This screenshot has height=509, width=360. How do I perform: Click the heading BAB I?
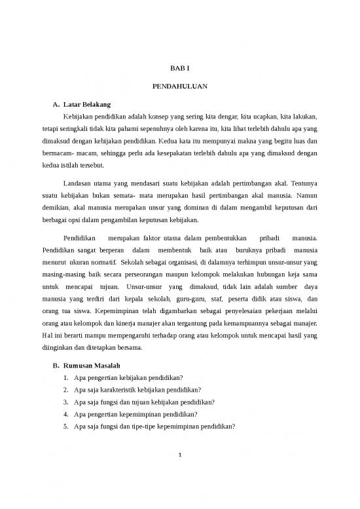[x=179, y=67]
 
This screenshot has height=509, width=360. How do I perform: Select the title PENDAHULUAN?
[x=179, y=86]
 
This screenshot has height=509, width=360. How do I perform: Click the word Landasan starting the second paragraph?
[x=78, y=183]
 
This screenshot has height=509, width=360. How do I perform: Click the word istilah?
[x=75, y=165]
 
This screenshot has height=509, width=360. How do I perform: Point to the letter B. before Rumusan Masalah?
[x=56, y=365]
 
